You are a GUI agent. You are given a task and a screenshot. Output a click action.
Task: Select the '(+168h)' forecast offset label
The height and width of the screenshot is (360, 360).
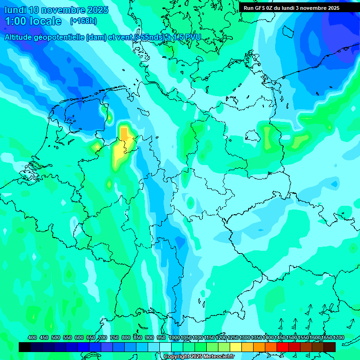point(83,21)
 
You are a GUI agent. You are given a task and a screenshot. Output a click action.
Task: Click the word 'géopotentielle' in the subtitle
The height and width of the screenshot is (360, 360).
point(57,37)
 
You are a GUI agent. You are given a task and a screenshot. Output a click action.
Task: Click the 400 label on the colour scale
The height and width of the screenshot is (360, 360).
point(32,337)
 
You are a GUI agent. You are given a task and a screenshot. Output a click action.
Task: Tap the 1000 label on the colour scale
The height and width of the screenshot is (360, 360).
point(174,337)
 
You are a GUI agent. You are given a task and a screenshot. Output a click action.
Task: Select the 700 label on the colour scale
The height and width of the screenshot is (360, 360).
point(103,337)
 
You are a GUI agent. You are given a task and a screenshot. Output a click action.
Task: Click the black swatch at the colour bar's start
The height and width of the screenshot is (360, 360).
point(25,347)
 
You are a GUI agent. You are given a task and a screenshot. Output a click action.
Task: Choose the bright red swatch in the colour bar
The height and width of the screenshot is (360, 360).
point(283,347)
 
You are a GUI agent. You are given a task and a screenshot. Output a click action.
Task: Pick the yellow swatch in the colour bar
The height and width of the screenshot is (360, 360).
point(236,347)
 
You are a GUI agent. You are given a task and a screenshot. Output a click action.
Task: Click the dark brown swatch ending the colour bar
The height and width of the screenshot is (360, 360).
point(330,347)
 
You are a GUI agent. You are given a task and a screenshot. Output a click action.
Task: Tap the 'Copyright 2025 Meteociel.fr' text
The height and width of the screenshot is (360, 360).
point(199,357)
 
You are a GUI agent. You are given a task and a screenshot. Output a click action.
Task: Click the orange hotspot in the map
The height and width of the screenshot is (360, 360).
point(125,134)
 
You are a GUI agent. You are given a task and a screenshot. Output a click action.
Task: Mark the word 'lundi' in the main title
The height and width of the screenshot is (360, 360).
point(15,10)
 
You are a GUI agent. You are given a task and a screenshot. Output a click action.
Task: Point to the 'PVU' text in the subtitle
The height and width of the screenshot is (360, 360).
point(192,37)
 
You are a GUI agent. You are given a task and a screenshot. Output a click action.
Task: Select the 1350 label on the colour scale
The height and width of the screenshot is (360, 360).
point(256,337)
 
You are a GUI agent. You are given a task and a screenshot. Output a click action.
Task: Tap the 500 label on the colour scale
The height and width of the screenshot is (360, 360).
point(56,337)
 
